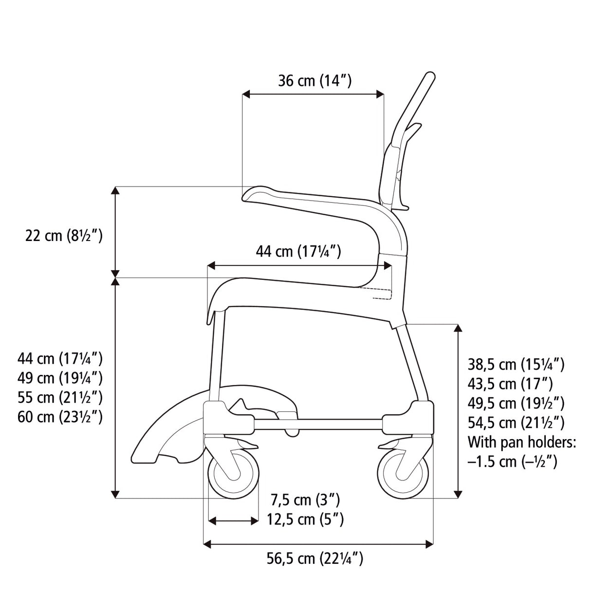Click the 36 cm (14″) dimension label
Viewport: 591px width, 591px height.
[x=314, y=80]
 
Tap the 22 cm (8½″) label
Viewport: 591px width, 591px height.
[x=64, y=236]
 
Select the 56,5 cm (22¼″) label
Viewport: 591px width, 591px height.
[x=315, y=558]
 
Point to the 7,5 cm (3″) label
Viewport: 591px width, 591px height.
[x=305, y=499]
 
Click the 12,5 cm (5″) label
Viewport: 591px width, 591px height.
[x=305, y=519]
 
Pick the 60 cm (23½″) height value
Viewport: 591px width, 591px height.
[x=60, y=417]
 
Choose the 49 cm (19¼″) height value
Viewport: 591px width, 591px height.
[x=60, y=378]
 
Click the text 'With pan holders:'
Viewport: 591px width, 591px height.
[x=522, y=442]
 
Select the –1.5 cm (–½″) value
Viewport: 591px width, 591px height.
[x=512, y=462]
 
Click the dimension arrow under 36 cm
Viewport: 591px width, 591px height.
[x=313, y=94]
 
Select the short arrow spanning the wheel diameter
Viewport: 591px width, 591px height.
[x=233, y=521]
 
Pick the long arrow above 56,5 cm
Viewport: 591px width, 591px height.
[x=317, y=543]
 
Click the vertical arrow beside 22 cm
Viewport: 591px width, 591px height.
[x=115, y=232]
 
